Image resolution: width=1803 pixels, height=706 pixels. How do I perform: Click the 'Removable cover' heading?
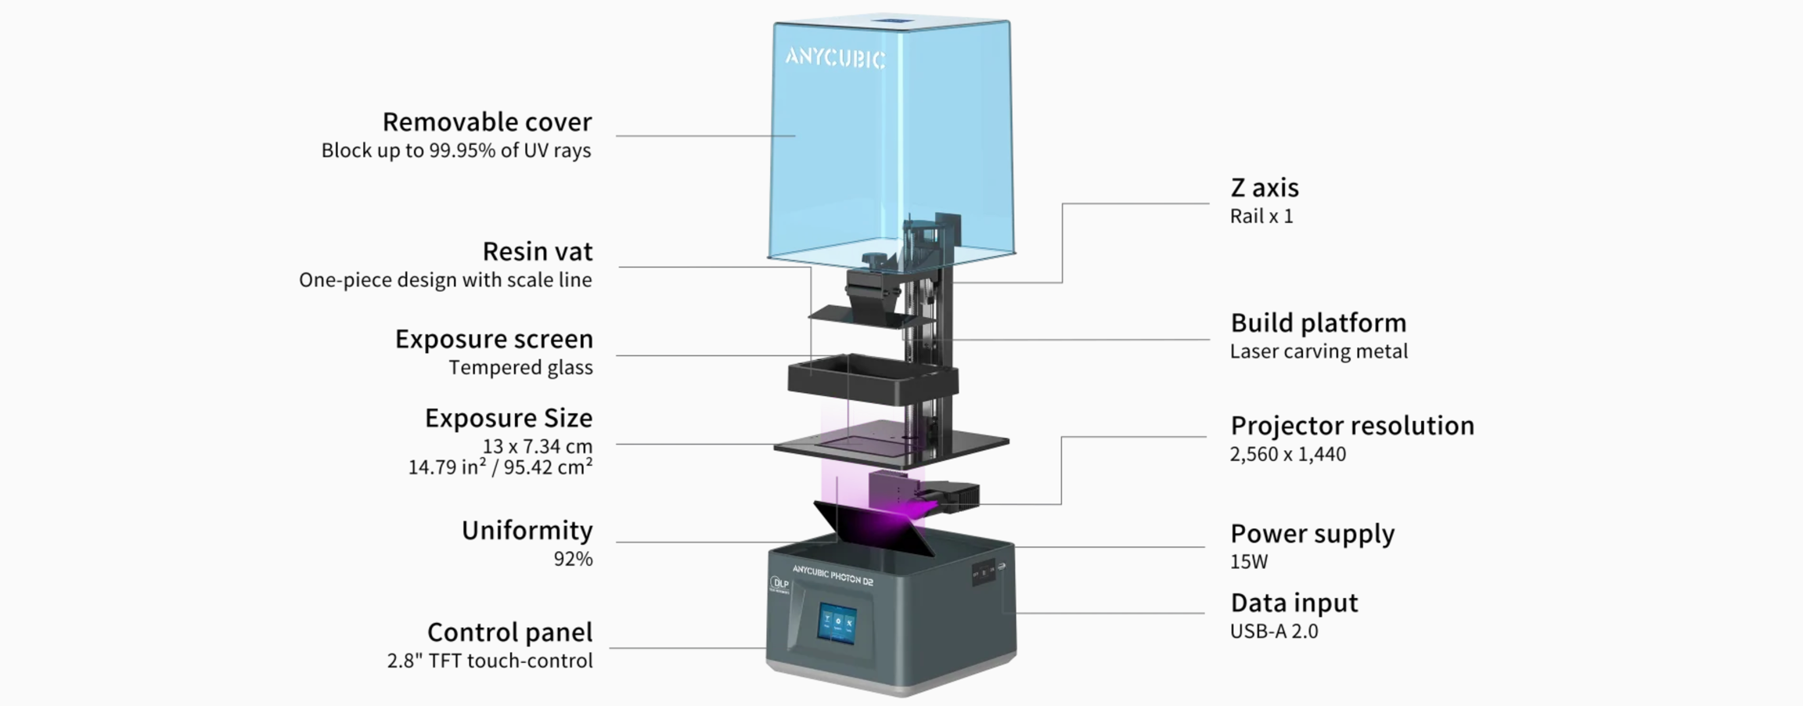487,122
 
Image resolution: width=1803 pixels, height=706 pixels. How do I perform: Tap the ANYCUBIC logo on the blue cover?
835,58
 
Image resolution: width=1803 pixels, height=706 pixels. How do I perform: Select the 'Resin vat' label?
537,251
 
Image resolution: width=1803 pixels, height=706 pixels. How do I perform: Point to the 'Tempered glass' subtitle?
520,367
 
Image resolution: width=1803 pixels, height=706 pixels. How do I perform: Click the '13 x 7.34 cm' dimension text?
537,446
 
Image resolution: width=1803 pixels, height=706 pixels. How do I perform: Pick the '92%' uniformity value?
573,559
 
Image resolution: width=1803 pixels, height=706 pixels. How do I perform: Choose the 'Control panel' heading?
509,632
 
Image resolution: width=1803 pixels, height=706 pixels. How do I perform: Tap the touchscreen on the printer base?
837,623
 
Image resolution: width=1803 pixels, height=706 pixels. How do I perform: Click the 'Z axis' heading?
1264,188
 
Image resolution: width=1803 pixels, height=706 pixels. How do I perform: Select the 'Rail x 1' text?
1261,217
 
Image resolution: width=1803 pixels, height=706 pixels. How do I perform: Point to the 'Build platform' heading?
1318,322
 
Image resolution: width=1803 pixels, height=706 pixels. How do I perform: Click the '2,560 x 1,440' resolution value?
1287,454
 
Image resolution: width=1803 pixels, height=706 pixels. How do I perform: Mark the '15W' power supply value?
1248,562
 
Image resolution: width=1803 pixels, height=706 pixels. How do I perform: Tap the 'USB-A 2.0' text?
1273,632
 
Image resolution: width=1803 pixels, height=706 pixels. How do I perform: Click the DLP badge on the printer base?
780,584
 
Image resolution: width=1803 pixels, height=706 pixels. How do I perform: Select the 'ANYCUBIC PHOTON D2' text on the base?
832,575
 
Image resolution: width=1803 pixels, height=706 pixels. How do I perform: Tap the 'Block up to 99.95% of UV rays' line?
455,150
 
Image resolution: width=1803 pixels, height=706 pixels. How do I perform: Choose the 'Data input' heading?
1294,603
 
